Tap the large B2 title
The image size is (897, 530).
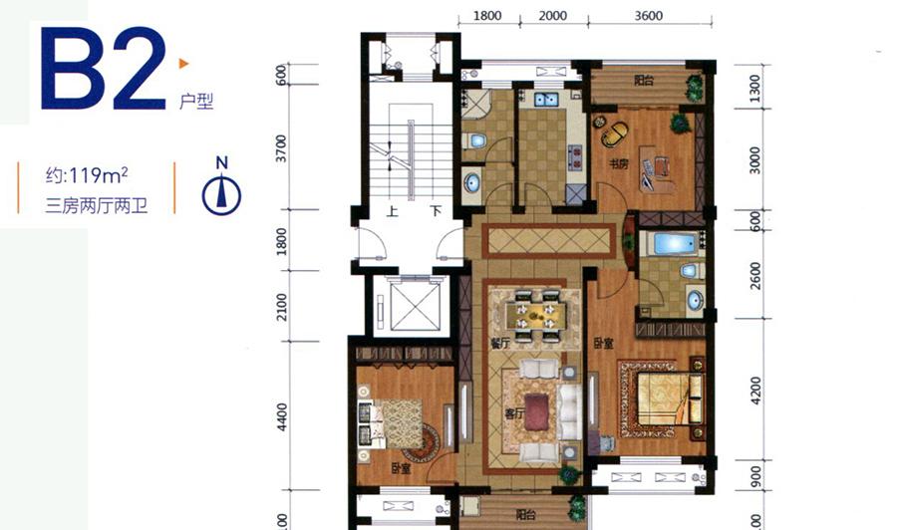click(104, 69)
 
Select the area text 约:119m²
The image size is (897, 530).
click(87, 175)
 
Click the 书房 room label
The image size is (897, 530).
click(618, 164)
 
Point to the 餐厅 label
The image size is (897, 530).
click(499, 343)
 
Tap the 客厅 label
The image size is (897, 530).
click(514, 412)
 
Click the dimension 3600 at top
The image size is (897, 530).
click(648, 15)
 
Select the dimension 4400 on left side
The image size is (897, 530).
click(281, 418)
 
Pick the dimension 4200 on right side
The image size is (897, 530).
click(755, 391)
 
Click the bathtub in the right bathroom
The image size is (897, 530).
click(675, 243)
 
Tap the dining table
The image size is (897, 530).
click(536, 315)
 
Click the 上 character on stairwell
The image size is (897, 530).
click(392, 211)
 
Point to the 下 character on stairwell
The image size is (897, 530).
click(436, 211)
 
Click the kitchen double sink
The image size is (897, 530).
click(546, 100)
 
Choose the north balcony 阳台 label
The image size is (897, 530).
click(644, 80)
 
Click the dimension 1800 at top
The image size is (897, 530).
click(487, 15)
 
